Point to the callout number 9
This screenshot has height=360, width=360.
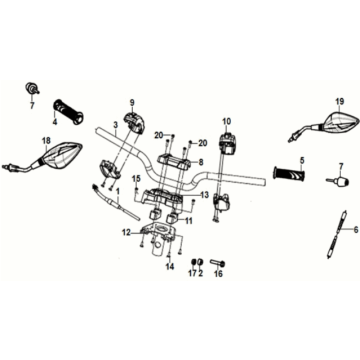pyautogui.click(x=130, y=103)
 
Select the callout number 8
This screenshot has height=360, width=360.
pyautogui.click(x=201, y=161)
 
